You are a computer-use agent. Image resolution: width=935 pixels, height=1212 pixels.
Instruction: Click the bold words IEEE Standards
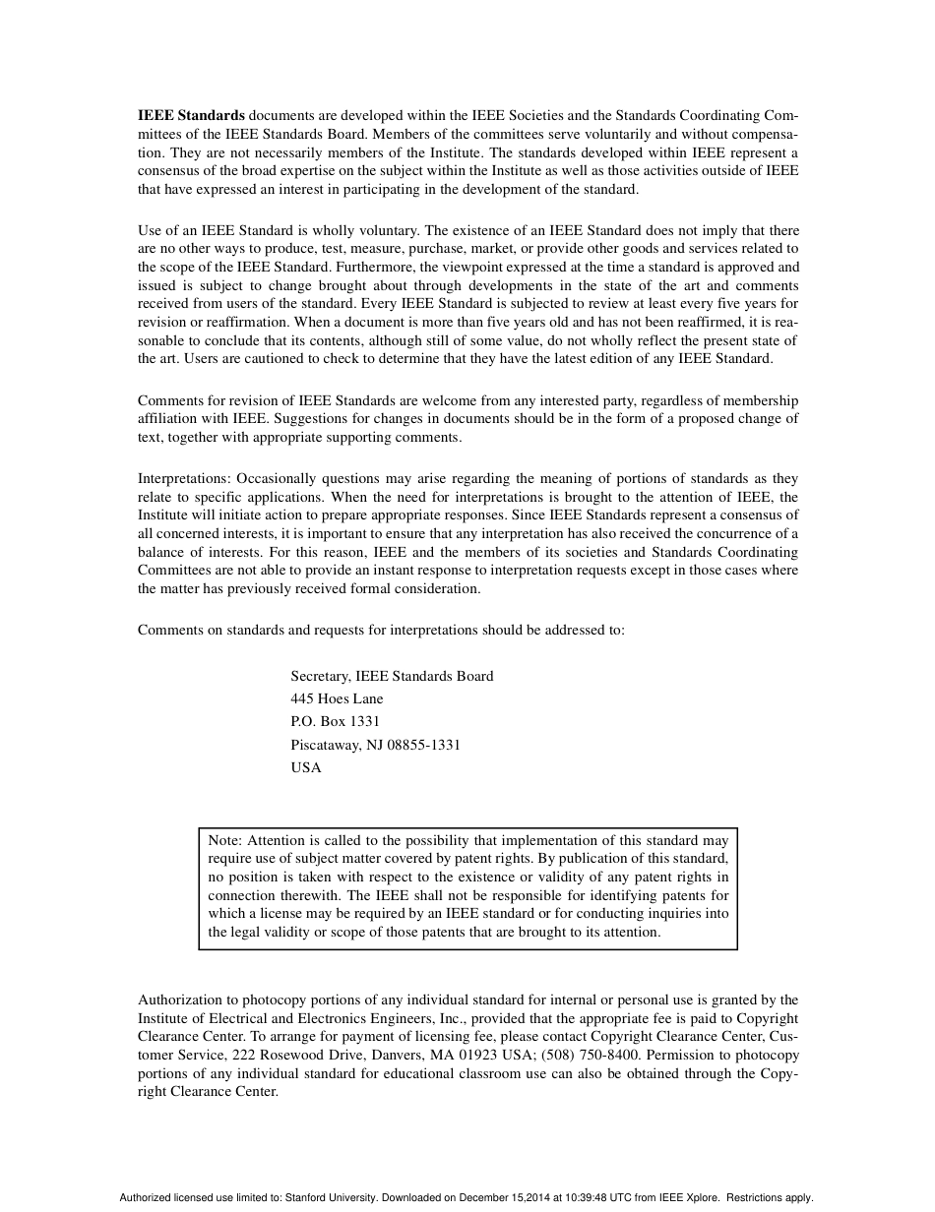coord(191,116)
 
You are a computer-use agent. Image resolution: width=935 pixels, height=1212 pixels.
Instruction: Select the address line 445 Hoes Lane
coord(337,698)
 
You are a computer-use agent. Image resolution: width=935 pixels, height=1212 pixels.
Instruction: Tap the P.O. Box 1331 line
coord(335,721)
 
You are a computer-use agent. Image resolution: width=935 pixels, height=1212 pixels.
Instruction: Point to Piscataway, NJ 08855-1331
coord(375,745)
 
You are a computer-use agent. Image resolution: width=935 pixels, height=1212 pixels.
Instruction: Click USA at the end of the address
coord(306,767)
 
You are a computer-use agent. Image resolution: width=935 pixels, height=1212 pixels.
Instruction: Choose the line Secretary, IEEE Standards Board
coord(392,676)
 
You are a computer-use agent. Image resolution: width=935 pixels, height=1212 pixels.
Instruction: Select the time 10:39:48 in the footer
coord(585,1198)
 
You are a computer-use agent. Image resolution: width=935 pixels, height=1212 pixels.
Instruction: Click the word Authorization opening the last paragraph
coord(179,1000)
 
